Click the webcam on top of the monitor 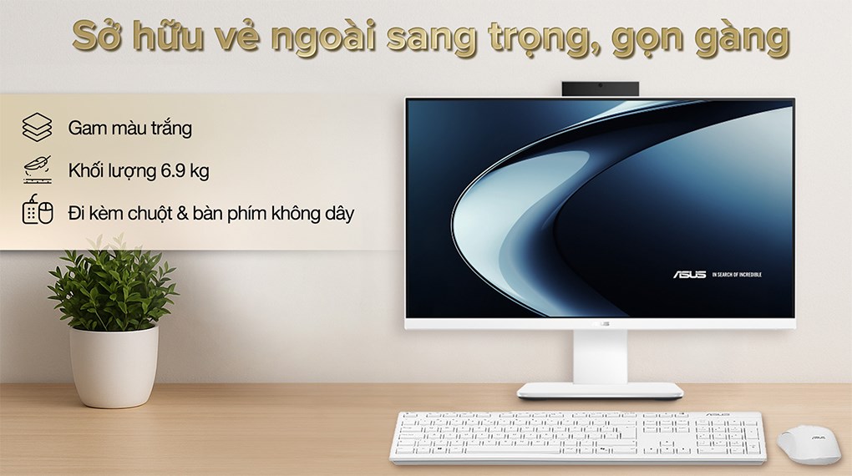pyautogui.click(x=601, y=87)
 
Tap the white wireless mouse pyautogui.click(x=809, y=444)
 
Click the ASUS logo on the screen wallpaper pyautogui.click(x=690, y=274)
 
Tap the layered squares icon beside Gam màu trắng pyautogui.click(x=38, y=129)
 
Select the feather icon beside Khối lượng pyautogui.click(x=38, y=170)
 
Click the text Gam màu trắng pyautogui.click(x=130, y=129)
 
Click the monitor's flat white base pyautogui.click(x=600, y=390)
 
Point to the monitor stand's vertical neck pyautogui.click(x=600, y=355)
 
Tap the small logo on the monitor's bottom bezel pyautogui.click(x=601, y=324)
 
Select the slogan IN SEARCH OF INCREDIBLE pyautogui.click(x=737, y=275)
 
